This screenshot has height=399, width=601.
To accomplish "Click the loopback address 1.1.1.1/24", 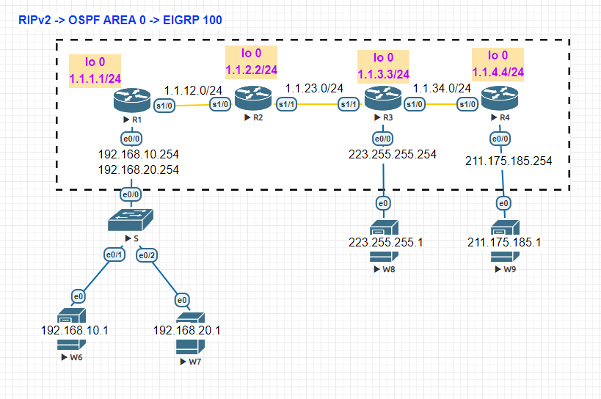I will point(95,77).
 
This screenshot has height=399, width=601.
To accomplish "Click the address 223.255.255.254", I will point(393,154).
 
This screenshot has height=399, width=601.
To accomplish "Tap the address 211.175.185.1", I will point(504,242).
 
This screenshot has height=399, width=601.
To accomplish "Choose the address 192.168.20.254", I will point(139,169).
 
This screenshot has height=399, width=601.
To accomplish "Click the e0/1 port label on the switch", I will point(114,255).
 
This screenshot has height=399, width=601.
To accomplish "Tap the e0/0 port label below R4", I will point(500,138).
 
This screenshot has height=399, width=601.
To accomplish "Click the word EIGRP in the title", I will point(184,21).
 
